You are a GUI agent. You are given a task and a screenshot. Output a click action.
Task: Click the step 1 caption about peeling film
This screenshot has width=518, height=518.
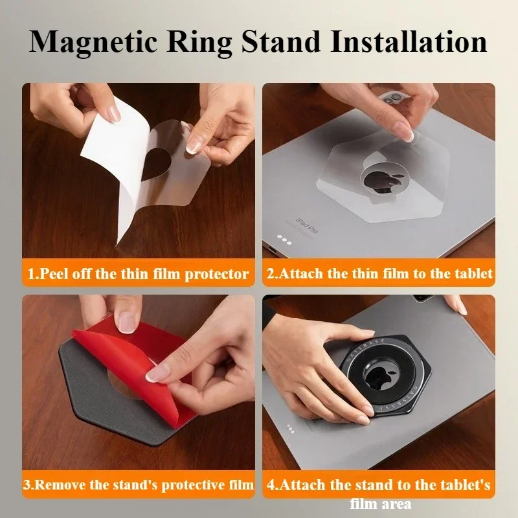(138, 273)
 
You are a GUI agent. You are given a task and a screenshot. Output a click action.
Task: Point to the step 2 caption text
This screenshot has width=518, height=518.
(379, 273)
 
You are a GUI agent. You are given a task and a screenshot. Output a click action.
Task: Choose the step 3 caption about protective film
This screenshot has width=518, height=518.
(138, 484)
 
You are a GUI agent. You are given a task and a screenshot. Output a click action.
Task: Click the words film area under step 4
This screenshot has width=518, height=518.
(381, 502)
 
